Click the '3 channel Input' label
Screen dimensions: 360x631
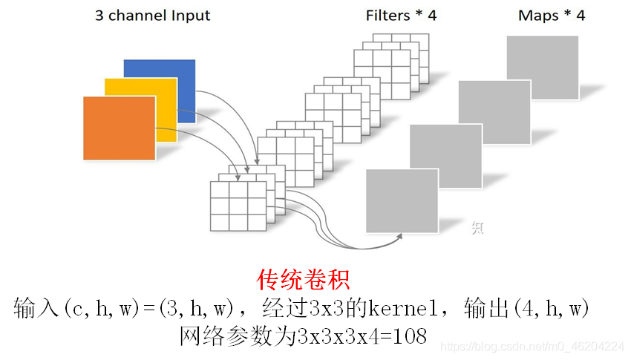click(x=152, y=16)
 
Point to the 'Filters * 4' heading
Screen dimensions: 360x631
click(x=401, y=16)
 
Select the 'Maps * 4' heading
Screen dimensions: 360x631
click(x=551, y=16)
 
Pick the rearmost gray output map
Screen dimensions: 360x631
click(x=543, y=67)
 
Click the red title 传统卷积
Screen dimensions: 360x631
click(x=303, y=280)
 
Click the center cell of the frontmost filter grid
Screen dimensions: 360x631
click(x=238, y=205)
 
